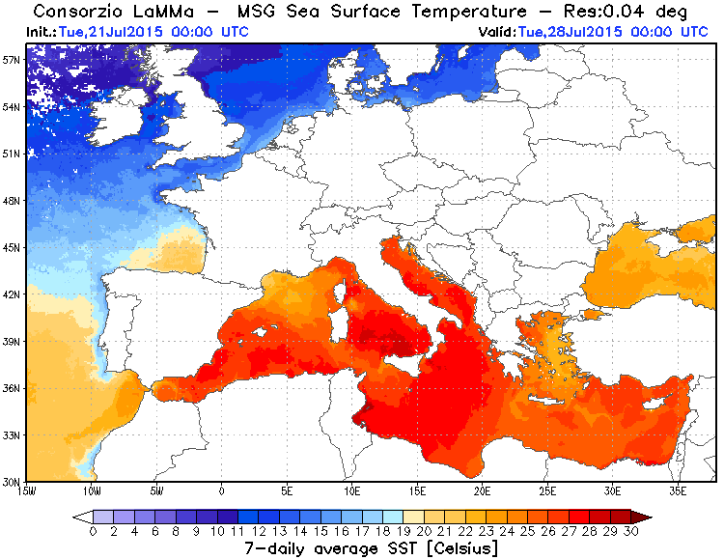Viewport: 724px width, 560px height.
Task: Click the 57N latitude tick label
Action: click(12, 59)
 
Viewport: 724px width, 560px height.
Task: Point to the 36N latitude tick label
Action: click(12, 388)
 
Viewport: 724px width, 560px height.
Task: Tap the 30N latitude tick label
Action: click(12, 481)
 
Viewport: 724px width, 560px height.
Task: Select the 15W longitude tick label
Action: click(27, 490)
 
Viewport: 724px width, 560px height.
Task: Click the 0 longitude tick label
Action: click(222, 490)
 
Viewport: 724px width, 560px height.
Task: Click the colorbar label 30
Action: click(631, 530)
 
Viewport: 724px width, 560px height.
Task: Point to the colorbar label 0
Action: click(93, 530)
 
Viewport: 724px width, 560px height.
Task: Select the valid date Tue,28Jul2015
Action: click(570, 31)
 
